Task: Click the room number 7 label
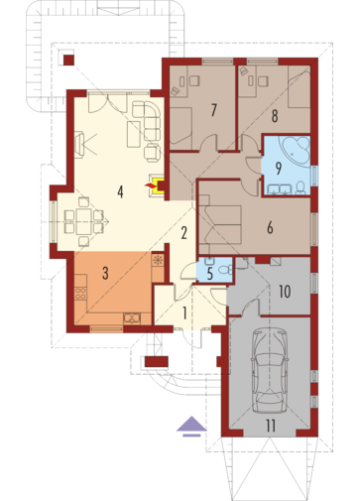coord(214,110)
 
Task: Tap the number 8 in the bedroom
coord(275,116)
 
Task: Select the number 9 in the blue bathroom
coord(279,168)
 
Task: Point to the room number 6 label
coord(270,228)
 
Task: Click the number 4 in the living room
coord(120,191)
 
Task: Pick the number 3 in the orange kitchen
coord(105,273)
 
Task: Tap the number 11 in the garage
coord(271,426)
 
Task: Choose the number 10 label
coord(285,291)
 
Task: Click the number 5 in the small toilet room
coord(210,274)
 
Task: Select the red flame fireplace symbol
coord(150,186)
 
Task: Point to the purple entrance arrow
coord(191,427)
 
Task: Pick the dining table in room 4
coord(83,221)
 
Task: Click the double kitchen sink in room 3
coord(132,318)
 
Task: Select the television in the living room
coord(79,145)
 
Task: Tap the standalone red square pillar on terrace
coord(68,61)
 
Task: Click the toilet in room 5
coord(226,270)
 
